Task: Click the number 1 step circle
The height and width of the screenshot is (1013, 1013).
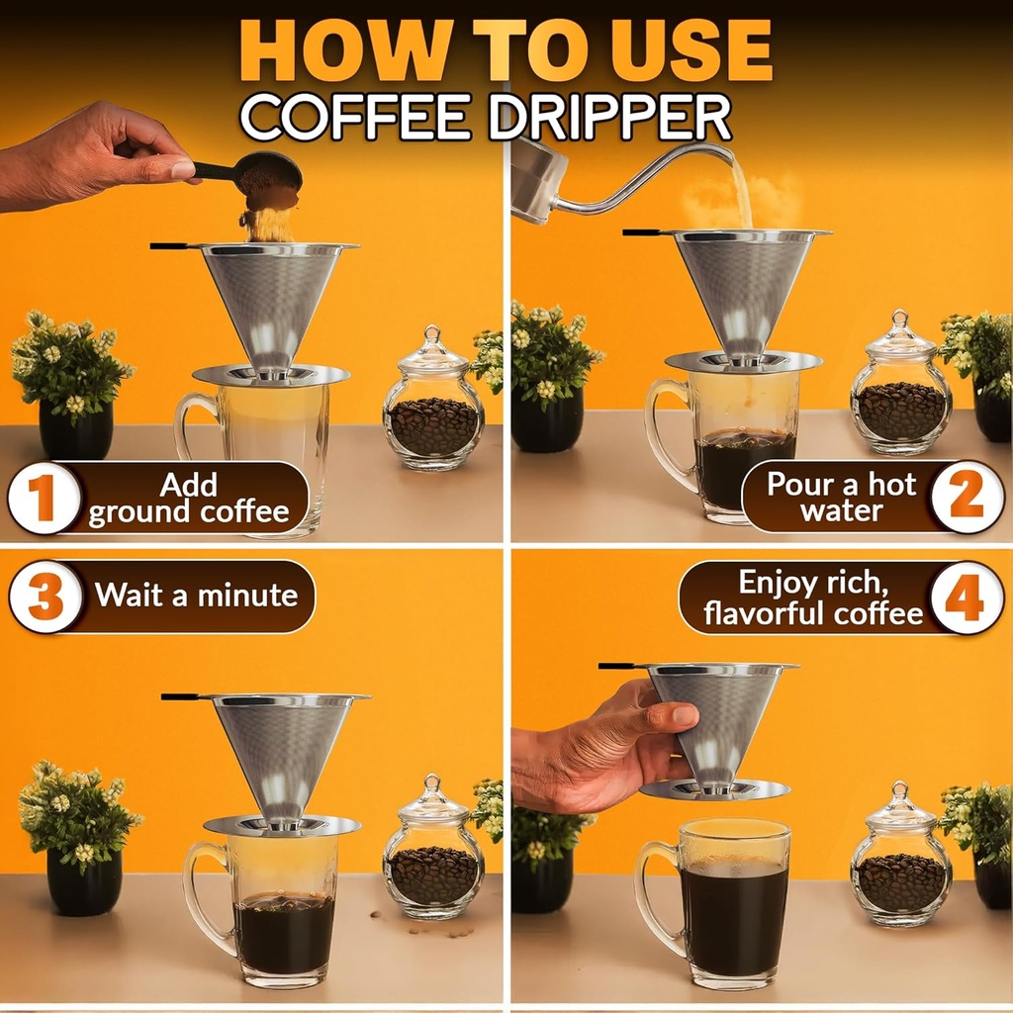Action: coord(45,499)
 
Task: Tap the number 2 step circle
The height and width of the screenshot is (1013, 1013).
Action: coord(967,498)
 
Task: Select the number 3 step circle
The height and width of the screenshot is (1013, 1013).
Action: coord(46,597)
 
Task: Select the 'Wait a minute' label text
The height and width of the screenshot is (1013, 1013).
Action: coord(196,596)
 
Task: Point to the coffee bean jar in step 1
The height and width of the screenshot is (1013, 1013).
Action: coord(433,406)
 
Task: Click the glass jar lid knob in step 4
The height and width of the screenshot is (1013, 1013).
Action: coord(899,790)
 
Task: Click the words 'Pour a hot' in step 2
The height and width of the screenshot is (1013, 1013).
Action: coord(842,485)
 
